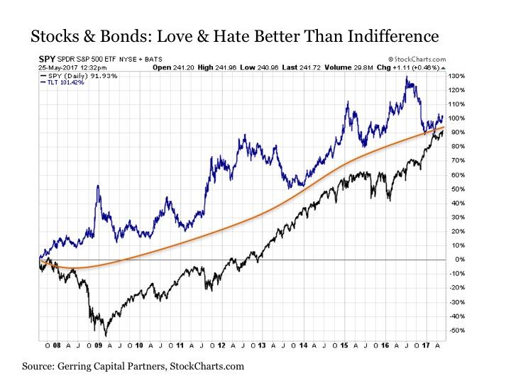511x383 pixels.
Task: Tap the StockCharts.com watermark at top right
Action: (417, 59)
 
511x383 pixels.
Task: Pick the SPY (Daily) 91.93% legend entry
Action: (73, 75)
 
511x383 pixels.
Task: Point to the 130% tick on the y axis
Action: (456, 76)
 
